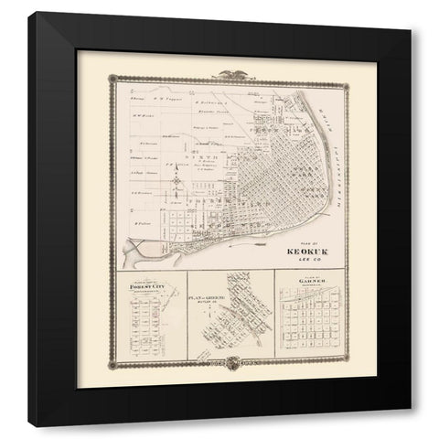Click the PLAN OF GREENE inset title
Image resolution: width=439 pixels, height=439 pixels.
(209, 298)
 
